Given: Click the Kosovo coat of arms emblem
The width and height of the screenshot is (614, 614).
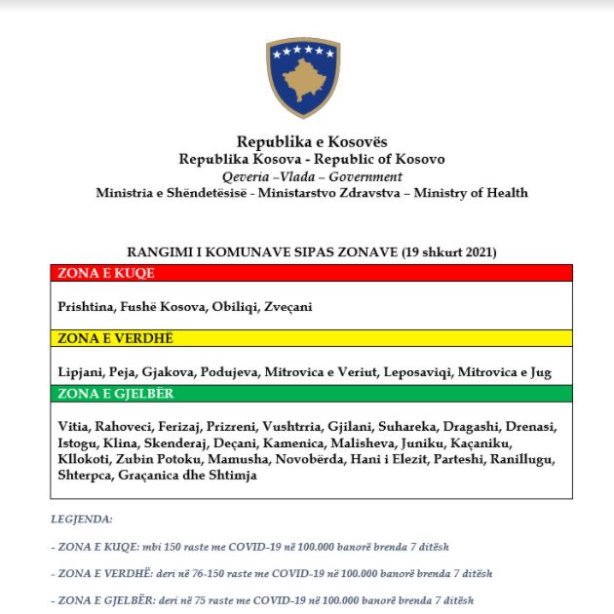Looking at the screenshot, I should (x=303, y=78).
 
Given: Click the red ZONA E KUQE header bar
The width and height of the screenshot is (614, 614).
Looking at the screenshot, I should (x=311, y=274).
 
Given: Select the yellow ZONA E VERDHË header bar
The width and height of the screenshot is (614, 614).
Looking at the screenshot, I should (x=311, y=338).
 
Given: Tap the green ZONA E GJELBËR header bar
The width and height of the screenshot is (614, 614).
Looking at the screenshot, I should (x=311, y=394).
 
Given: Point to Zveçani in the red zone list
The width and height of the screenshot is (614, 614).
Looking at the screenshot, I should (x=288, y=306).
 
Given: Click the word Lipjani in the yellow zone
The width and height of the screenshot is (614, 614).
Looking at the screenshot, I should (x=79, y=371).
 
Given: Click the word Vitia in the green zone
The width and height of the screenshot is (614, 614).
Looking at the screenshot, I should (x=74, y=427).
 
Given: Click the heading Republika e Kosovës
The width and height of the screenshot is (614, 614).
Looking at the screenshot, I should (x=311, y=142).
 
